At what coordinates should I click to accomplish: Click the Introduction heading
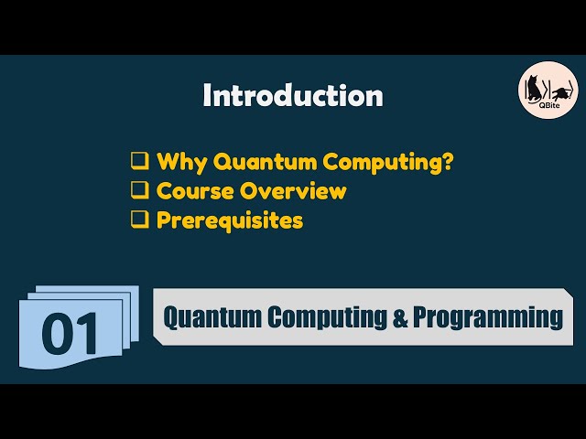click(292, 95)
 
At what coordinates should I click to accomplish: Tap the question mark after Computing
click(448, 162)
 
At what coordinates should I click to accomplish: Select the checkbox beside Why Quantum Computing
click(139, 162)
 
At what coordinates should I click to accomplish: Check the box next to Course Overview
click(139, 191)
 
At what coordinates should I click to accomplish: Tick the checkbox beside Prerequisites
click(139, 220)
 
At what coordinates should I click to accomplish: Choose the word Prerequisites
click(230, 220)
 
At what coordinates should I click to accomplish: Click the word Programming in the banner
click(487, 317)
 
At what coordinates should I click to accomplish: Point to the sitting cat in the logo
click(532, 89)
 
